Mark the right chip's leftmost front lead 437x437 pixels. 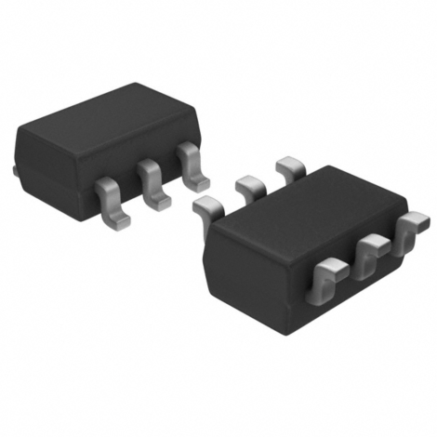(330, 277)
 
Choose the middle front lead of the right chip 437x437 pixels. (372, 249)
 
